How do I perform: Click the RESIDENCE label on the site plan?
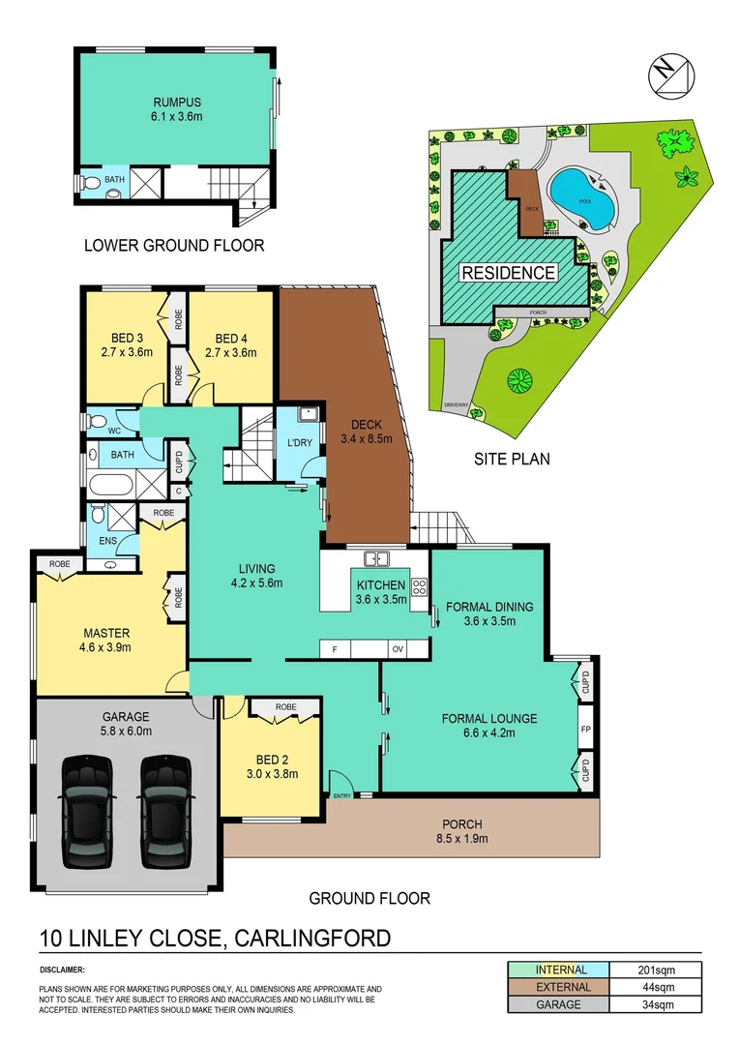pyautogui.click(x=509, y=272)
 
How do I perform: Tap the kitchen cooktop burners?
pyautogui.click(x=420, y=586)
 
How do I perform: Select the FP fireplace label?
pyautogui.click(x=586, y=730)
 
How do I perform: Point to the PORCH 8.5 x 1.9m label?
pyautogui.click(x=458, y=831)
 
